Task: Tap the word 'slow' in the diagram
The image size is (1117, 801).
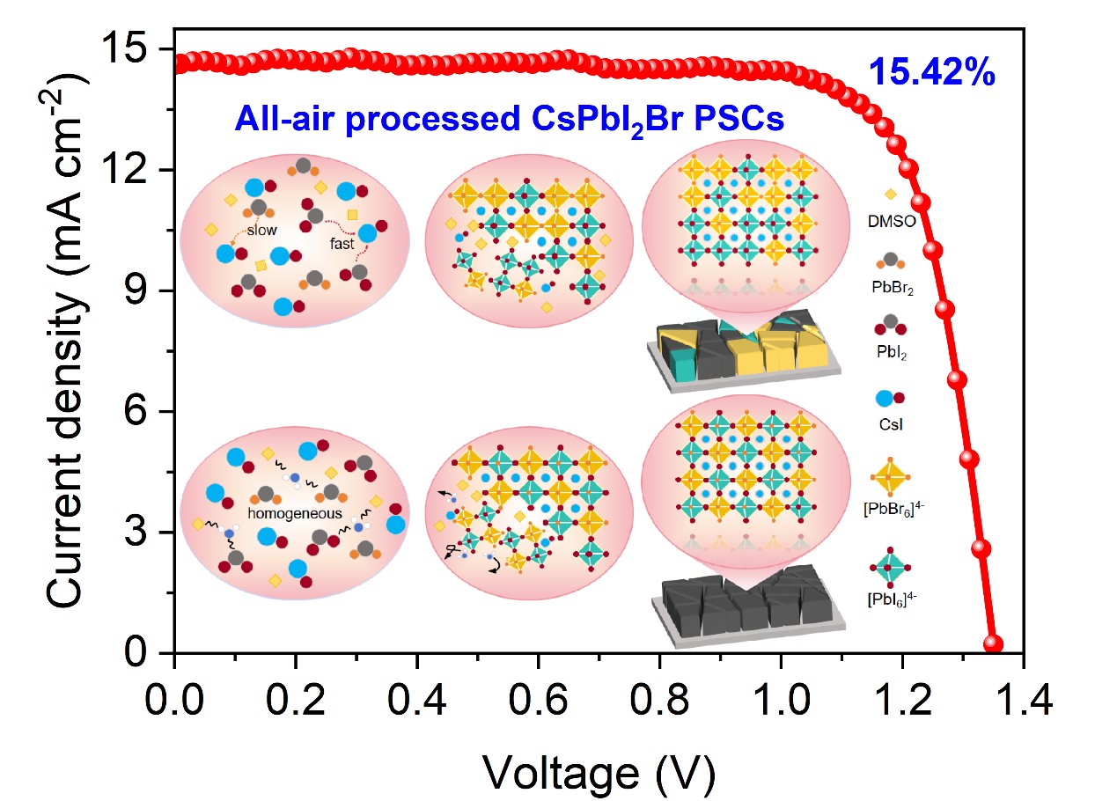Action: pos(261,231)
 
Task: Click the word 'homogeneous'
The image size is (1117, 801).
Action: pos(284,513)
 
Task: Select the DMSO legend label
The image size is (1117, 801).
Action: pos(892,221)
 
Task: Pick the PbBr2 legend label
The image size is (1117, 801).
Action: pos(892,287)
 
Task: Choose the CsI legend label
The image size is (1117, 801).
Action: pos(891,424)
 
